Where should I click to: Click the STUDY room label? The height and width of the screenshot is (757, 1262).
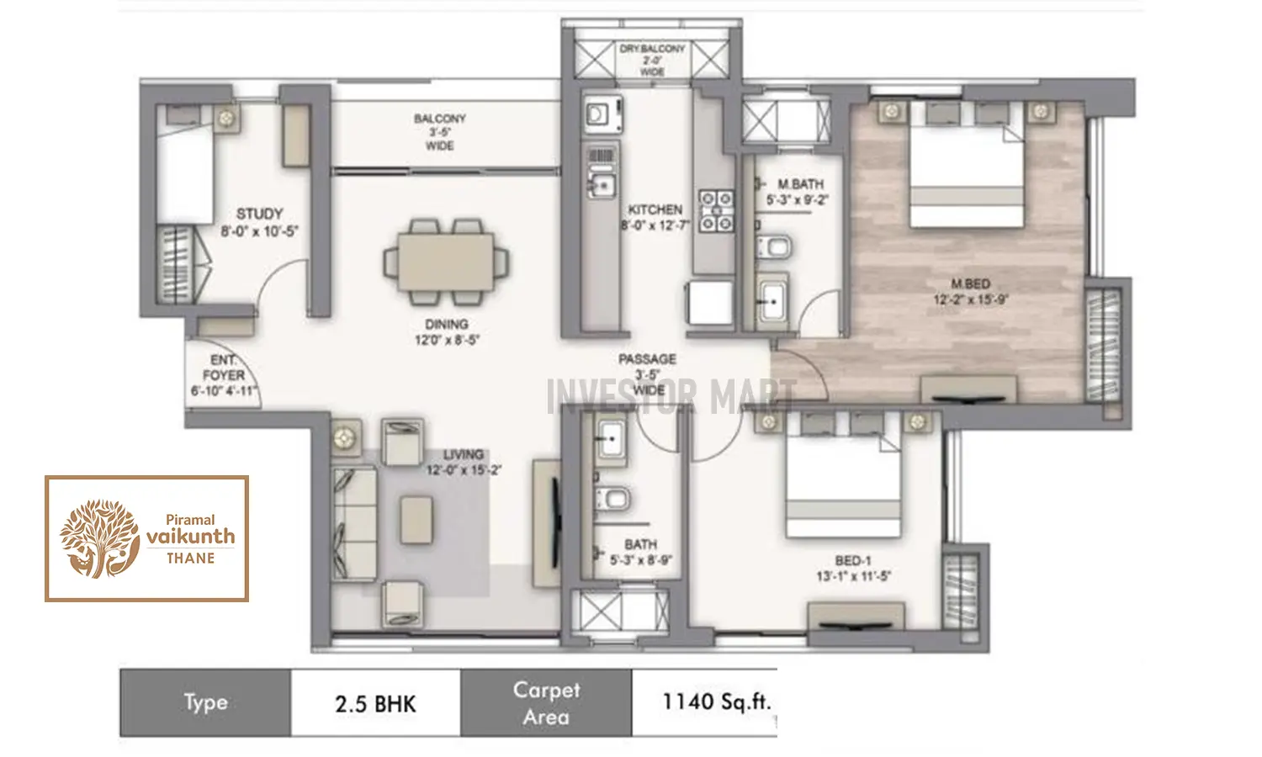[259, 214]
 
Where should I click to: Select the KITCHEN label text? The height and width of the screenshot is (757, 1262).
[655, 209]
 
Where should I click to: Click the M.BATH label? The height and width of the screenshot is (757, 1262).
[800, 184]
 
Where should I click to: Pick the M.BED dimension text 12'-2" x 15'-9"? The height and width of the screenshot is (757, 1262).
[970, 299]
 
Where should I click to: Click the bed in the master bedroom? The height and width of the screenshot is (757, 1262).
[966, 177]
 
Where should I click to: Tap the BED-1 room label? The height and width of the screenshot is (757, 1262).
[853, 560]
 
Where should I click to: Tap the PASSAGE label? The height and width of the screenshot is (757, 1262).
[647, 359]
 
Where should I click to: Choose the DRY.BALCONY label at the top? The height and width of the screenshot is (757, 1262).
[652, 50]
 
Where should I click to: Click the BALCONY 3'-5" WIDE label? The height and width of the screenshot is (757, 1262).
[439, 132]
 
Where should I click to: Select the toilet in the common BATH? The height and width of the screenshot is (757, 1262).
[613, 499]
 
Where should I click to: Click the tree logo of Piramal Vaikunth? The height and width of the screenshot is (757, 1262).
[99, 538]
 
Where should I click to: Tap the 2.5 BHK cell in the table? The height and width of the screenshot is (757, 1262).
[375, 703]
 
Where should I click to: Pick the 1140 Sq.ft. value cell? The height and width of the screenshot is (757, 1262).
[715, 701]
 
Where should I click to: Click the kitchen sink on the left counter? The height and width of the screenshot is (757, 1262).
[602, 185]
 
